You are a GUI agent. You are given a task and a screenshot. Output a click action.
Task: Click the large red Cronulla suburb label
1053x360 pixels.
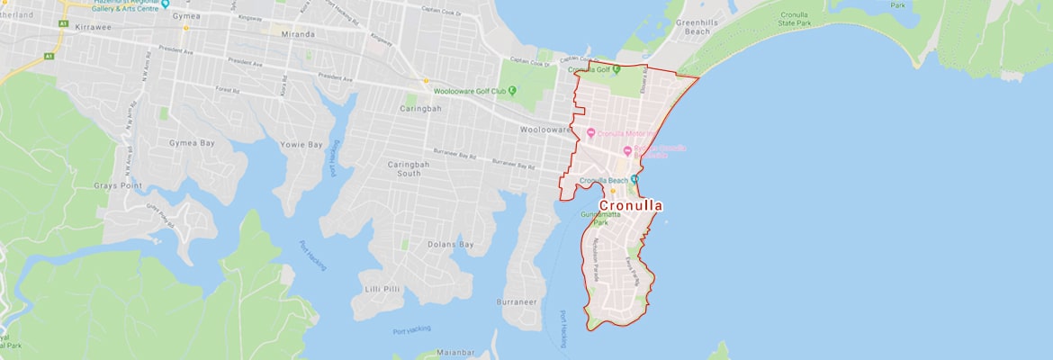tap(630, 206)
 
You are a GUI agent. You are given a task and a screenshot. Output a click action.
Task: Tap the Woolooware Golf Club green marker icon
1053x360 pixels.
tap(512, 90)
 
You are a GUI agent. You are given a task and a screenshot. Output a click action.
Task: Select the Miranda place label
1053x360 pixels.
tap(299, 34)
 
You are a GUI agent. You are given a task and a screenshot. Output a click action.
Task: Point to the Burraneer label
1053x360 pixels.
tap(519, 303)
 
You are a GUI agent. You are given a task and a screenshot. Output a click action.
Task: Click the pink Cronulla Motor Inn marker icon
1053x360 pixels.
tap(590, 133)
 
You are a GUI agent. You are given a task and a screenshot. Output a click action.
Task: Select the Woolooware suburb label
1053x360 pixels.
tap(545, 130)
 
